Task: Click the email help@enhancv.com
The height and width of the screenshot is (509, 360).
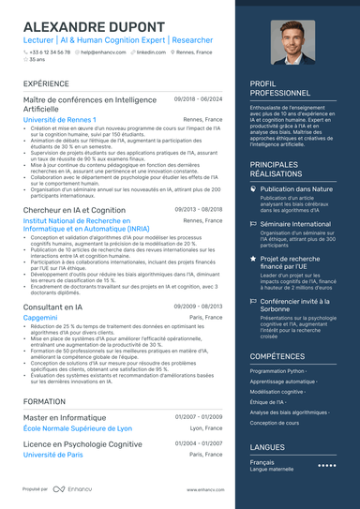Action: coord(102,52)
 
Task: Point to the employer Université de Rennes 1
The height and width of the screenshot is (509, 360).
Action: coord(59,120)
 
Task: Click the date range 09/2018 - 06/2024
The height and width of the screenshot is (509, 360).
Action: coord(199,98)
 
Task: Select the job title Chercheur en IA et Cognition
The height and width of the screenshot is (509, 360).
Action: coord(74,210)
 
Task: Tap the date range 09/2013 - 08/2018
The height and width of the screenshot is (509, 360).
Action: coord(199,210)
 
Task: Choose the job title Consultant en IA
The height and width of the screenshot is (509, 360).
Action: coord(55,307)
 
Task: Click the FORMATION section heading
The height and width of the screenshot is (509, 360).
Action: coord(45,400)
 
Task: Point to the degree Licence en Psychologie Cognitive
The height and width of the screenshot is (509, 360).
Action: coord(82,443)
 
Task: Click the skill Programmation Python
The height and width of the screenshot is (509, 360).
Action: coord(277,370)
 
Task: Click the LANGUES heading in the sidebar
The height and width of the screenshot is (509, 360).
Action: coord(267,447)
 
